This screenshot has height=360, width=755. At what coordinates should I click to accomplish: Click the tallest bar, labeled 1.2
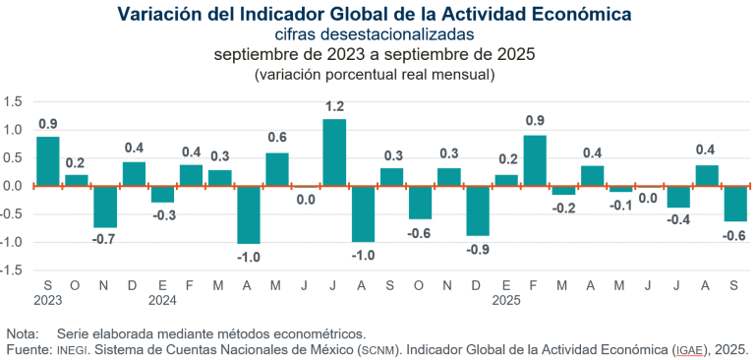(x=334, y=151)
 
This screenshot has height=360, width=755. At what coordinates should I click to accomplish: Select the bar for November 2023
(x=105, y=206)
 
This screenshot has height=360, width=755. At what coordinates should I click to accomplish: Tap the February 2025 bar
(x=535, y=160)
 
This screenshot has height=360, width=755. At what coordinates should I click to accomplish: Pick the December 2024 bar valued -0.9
(x=478, y=210)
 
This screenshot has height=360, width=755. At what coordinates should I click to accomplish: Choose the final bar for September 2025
(x=735, y=203)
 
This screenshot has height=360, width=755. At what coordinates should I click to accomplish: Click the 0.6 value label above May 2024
(x=277, y=138)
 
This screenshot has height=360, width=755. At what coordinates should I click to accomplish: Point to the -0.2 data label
(x=563, y=209)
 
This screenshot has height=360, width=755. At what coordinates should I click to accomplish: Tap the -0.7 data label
(x=105, y=240)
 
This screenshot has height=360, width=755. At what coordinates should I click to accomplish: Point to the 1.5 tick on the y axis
(x=13, y=101)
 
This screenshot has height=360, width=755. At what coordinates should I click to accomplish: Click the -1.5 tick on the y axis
(x=11, y=270)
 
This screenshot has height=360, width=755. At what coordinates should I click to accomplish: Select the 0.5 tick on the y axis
(x=13, y=157)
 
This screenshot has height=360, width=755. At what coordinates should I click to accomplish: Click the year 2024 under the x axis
(x=162, y=299)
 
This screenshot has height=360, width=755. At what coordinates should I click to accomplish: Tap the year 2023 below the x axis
(x=47, y=299)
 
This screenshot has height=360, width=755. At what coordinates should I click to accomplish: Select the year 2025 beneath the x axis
(x=506, y=299)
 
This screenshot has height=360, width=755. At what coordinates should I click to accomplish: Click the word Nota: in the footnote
(x=24, y=333)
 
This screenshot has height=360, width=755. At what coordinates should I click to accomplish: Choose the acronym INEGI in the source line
(x=79, y=349)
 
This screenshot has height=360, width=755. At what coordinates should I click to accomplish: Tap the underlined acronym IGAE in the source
(x=692, y=349)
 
